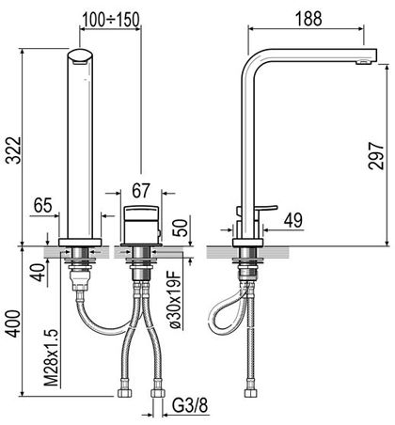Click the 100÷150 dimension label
(111, 19)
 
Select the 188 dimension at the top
(308, 19)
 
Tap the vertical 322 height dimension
(13, 150)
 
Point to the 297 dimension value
(376, 156)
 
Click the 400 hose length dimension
(13, 323)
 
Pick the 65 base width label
(43, 206)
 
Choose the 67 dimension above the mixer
(141, 191)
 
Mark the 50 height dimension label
(181, 228)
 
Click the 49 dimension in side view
(293, 220)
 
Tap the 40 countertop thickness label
(39, 273)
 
